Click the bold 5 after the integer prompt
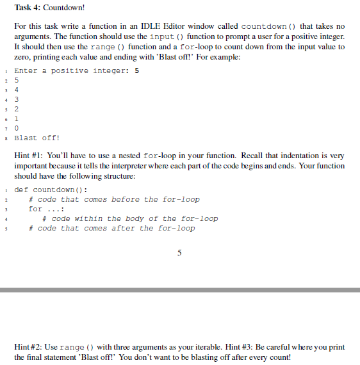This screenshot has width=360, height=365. [x=137, y=70]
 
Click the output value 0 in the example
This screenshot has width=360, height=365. [x=17, y=128]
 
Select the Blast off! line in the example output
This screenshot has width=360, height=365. [x=38, y=138]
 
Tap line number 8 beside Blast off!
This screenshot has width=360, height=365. [x=5, y=138]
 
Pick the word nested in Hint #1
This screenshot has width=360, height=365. [x=127, y=155]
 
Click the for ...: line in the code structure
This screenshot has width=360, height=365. [x=44, y=209]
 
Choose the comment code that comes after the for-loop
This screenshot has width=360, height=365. [x=111, y=228]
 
